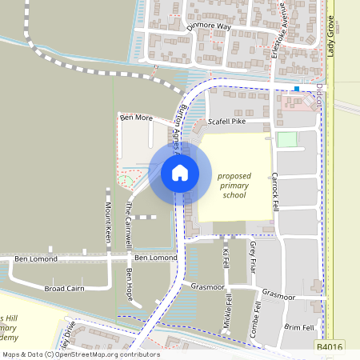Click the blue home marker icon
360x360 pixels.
(179, 173)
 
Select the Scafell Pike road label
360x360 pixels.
(226, 122)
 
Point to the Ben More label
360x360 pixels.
(135, 118)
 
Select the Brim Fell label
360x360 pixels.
(298, 328)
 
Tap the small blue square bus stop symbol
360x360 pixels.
(297, 89)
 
